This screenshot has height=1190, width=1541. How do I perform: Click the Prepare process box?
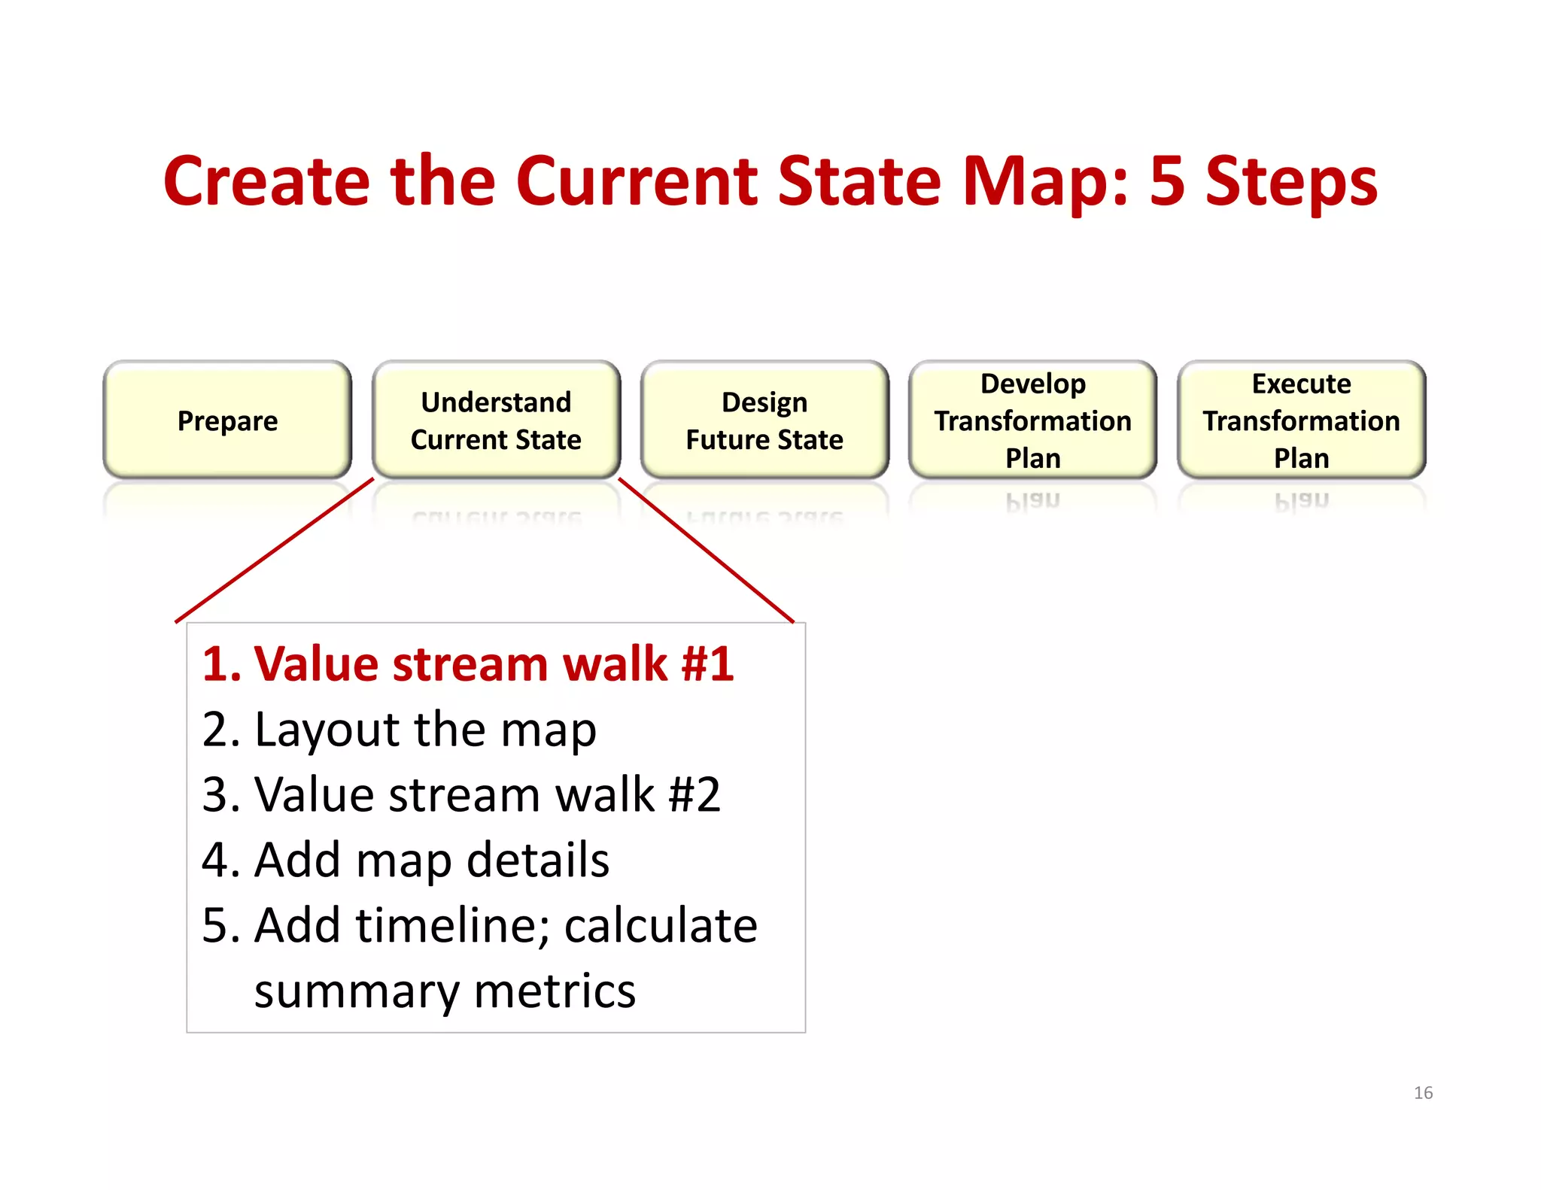[x=227, y=420]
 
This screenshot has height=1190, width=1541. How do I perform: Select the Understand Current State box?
[x=496, y=420]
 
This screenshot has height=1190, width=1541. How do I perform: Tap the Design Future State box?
[x=764, y=420]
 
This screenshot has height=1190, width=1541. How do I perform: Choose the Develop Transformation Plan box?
[x=1032, y=420]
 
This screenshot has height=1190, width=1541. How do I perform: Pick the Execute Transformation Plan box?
[x=1301, y=420]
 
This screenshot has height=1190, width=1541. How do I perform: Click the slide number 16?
[x=1423, y=1093]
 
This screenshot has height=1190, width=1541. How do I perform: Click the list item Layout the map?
[x=425, y=730]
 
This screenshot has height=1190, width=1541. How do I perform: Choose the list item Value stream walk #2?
[x=488, y=795]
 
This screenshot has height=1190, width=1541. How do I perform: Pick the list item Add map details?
[x=431, y=860]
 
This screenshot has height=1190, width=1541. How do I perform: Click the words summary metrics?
[x=445, y=991]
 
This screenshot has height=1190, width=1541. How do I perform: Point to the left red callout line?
[x=275, y=550]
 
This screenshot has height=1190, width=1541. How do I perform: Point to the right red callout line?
[x=706, y=550]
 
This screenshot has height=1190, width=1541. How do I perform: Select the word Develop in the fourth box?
[x=1032, y=384]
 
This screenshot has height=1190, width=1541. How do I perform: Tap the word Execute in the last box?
[x=1301, y=384]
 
